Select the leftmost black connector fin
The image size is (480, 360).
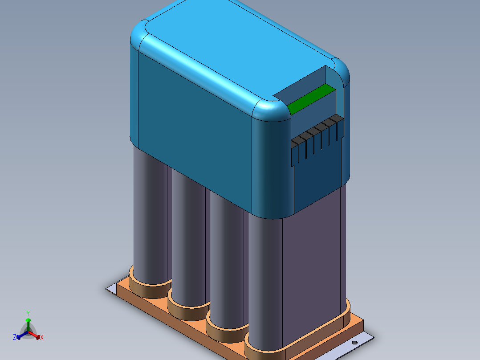294,151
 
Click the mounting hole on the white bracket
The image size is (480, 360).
355,343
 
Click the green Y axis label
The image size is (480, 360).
28,313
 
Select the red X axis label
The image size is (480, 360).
42,338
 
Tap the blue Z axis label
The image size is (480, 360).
15,337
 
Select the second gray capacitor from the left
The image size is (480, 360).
187,241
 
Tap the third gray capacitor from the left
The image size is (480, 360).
225,263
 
